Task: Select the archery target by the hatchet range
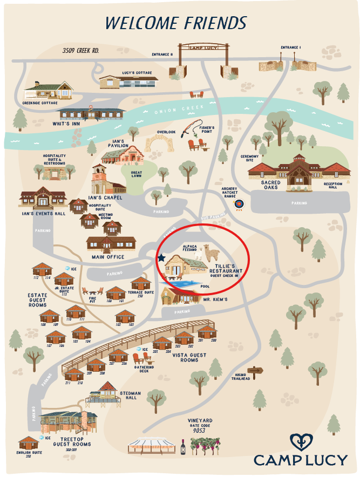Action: [x=239, y=205]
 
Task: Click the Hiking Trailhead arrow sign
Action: [x=256, y=370]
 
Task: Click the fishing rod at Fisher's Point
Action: [x=192, y=127]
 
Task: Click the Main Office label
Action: [x=108, y=257]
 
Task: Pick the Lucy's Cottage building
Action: [x=129, y=81]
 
